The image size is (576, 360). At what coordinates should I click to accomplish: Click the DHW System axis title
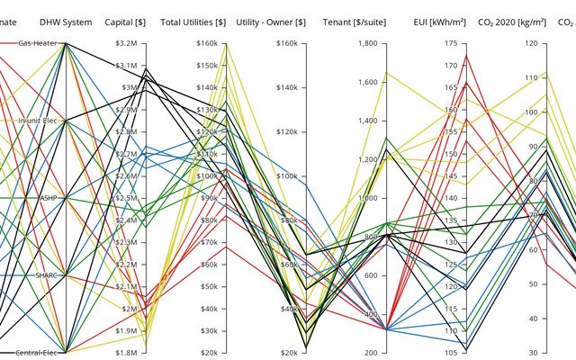pyautogui.click(x=66, y=22)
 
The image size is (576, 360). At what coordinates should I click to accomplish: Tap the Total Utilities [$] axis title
pyautogui.click(x=193, y=22)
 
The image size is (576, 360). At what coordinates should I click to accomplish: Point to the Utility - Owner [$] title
pyautogui.click(x=271, y=22)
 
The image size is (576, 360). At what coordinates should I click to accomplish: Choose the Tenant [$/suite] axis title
pyautogui.click(x=355, y=22)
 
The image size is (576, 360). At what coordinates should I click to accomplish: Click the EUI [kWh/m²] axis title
pyautogui.click(x=438, y=22)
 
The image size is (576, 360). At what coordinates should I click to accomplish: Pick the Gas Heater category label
pyautogui.click(x=39, y=43)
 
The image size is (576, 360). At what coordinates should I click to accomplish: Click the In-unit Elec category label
pyautogui.click(x=39, y=121)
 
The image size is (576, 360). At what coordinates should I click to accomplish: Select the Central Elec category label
pyautogui.click(x=38, y=352)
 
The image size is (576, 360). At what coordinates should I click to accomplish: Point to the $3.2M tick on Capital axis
pyautogui.click(x=126, y=43)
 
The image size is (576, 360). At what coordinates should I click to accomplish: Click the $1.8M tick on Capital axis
pyautogui.click(x=126, y=352)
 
